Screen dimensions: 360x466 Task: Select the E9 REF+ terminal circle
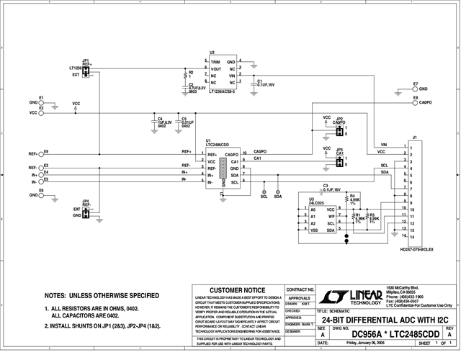(41, 153)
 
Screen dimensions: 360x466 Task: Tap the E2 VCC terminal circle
(41, 112)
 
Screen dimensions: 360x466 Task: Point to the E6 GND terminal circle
(41, 195)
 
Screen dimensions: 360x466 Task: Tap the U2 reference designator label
(212, 53)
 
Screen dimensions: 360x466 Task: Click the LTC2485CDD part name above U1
(220, 145)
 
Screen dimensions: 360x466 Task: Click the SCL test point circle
(264, 189)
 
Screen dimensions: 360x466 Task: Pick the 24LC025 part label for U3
(315, 203)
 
